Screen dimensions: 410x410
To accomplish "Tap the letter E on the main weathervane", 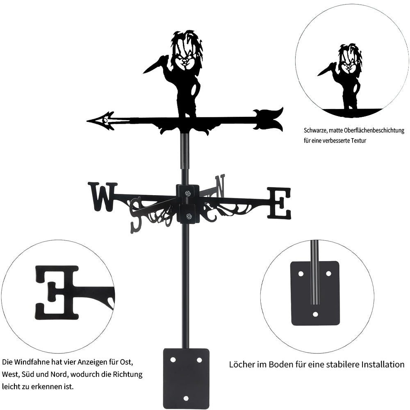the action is pos(279,203).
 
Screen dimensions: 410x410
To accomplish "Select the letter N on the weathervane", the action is pos(220,186).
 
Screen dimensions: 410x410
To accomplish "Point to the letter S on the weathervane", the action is pos(137,215).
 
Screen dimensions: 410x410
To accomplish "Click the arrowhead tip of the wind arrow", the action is pos(87,121).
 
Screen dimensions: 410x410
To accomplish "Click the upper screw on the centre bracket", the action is pos(188,194).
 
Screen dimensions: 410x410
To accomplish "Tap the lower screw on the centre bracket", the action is pos(188,216).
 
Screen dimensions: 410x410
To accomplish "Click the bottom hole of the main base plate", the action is pos(186,398).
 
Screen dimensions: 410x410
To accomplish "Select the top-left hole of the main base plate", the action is pos(173,360).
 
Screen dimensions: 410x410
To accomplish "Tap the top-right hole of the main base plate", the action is pos(199,360).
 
